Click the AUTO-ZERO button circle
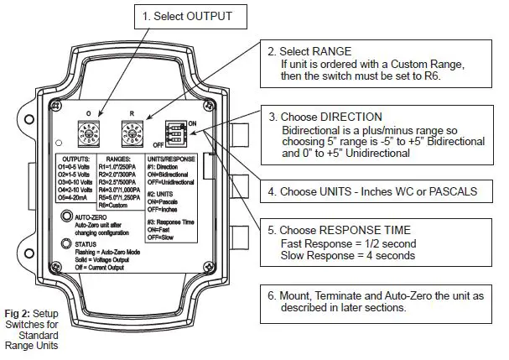(x=65, y=217)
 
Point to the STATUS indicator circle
(x=65, y=243)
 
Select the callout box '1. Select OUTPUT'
(x=183, y=16)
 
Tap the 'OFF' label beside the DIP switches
(x=158, y=143)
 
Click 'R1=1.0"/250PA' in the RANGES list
(x=123, y=166)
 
